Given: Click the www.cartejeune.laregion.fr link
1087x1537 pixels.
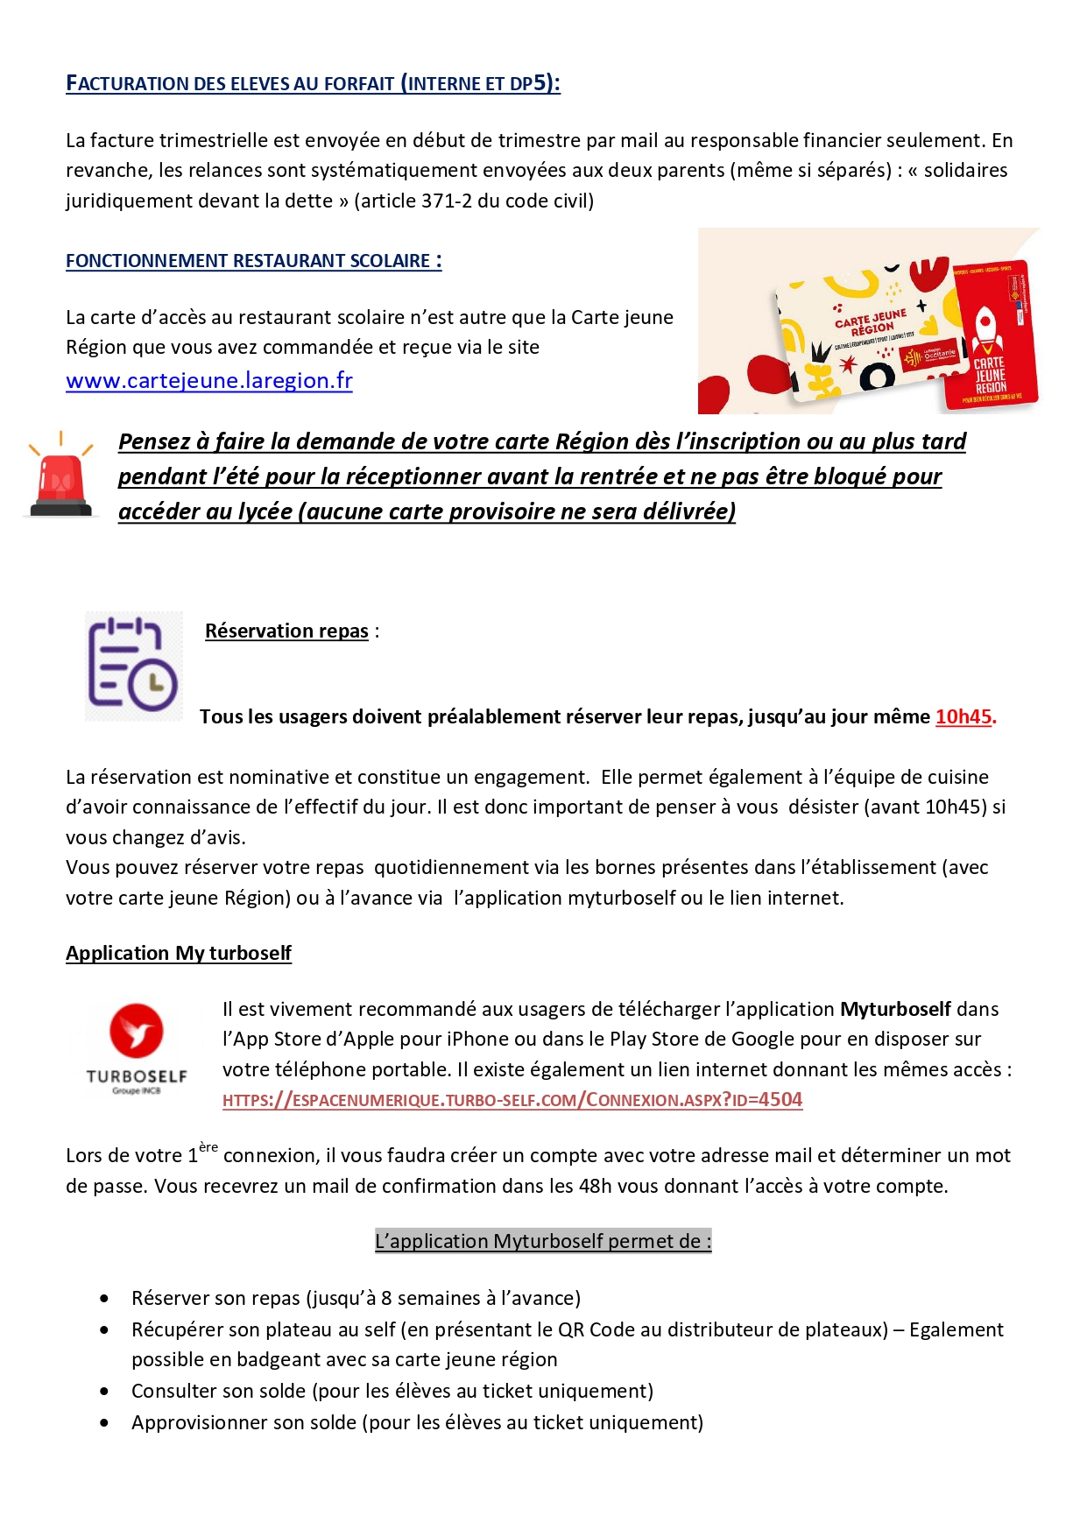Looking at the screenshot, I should coord(208,381).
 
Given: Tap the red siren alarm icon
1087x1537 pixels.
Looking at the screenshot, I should coord(60,477).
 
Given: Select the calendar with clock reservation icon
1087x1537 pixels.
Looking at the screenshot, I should coord(133,666).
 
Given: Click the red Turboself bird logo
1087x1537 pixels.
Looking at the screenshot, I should coord(137,1030).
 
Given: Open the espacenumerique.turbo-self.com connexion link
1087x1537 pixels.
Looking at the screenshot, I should coord(512,1100).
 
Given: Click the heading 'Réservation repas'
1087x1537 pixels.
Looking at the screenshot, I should coord(286,631).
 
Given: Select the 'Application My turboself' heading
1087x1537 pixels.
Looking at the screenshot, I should coord(179,953).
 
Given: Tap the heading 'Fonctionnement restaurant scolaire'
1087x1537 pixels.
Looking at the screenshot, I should coord(253,261).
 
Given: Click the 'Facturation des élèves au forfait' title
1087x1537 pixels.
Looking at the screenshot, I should coord(313,84).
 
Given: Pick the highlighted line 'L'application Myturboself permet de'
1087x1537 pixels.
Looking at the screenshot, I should coord(543,1241).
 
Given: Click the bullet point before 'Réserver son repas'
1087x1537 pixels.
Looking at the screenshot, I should coord(105,1299).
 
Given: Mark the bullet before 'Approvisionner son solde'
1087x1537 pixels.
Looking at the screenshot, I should coord(105,1423).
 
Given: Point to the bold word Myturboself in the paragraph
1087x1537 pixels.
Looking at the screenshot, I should coord(895,1009).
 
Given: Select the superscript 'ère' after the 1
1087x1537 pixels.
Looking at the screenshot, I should coord(208,1147).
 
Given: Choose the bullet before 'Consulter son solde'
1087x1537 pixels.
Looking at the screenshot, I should coord(105,1392).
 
